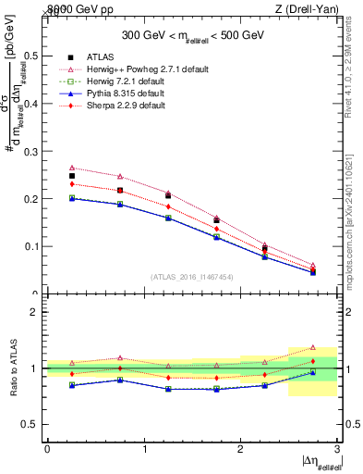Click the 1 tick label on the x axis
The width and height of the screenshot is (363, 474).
(x=144, y=449)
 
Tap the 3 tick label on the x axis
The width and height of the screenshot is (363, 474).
(x=337, y=449)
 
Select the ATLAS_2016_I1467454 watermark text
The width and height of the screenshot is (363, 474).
(x=191, y=277)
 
